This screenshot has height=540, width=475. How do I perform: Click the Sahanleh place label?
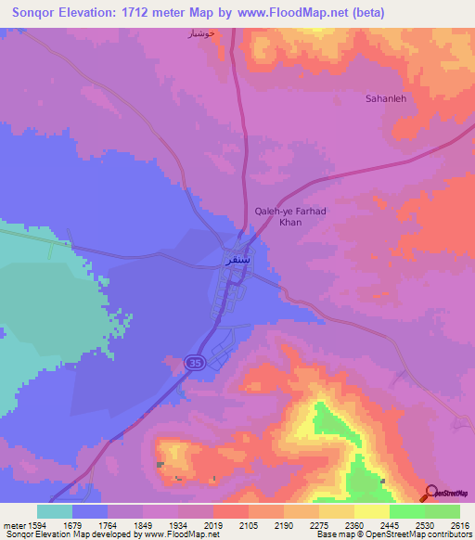click(x=386, y=97)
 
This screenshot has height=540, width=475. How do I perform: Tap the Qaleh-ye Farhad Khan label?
click(x=290, y=217)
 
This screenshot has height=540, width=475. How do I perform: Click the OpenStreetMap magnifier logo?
click(x=431, y=492)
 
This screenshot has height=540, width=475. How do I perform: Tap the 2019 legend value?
click(x=213, y=525)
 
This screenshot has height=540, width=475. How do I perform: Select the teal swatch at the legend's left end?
click(x=54, y=511)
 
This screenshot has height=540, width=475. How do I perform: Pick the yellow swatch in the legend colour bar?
click(x=371, y=511)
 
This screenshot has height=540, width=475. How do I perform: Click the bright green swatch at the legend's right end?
click(x=442, y=511)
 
